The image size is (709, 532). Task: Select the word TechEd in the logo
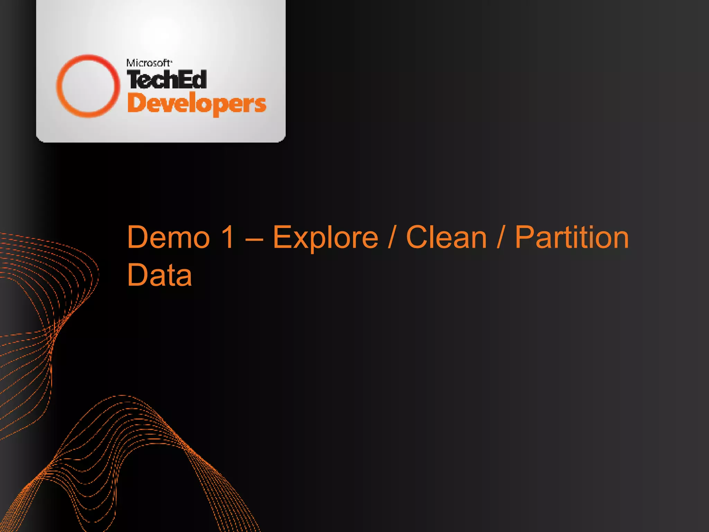[167, 79]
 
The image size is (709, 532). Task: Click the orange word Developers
[197, 104]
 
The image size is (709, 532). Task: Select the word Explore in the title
[325, 238]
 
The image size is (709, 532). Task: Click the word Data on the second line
[159, 275]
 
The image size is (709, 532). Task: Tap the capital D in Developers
[136, 103]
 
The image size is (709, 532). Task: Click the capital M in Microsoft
[131, 63]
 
